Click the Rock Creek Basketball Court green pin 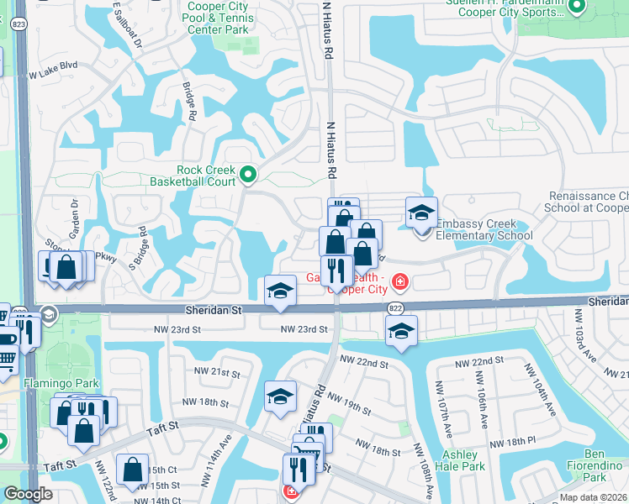[x=248, y=175]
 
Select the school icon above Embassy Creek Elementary [x=421, y=213]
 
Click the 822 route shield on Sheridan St [x=394, y=310]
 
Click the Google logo [x=28, y=494]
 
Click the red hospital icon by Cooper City [x=399, y=281]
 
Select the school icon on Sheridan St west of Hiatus [x=281, y=291]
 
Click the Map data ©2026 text [x=593, y=497]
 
